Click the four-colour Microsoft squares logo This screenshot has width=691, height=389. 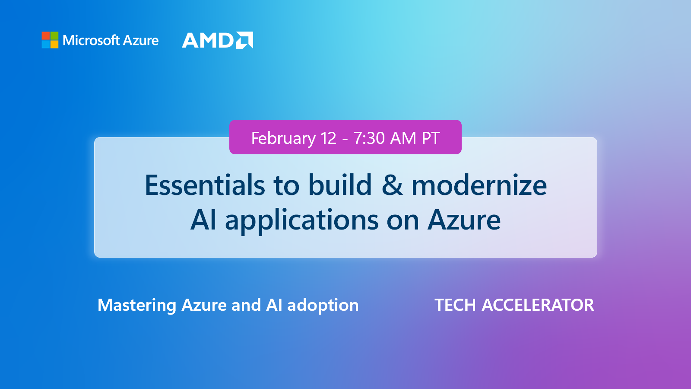tap(50, 40)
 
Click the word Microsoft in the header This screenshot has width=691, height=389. tap(91, 40)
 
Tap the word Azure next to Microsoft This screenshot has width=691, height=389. tap(141, 40)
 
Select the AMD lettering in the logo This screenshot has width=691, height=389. tap(208, 41)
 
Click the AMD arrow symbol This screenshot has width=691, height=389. tap(244, 40)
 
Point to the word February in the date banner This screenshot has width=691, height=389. tap(283, 138)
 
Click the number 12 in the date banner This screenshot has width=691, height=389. tap(328, 138)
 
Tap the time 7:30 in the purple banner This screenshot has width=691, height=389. tap(369, 138)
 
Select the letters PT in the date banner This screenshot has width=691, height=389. tap(431, 138)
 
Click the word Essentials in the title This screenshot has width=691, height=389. tap(205, 185)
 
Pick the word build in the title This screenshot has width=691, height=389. tap(340, 185)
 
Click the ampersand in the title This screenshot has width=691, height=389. tap(392, 185)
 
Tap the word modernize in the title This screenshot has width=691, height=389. tap(479, 185)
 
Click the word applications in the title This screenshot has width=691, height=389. tap(301, 220)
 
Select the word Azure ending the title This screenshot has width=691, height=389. tap(464, 220)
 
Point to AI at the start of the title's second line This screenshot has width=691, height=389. tap(203, 220)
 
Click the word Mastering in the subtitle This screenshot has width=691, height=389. tap(137, 305)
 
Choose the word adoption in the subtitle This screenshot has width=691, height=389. tap(323, 305)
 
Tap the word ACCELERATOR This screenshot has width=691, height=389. tap(538, 305)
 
